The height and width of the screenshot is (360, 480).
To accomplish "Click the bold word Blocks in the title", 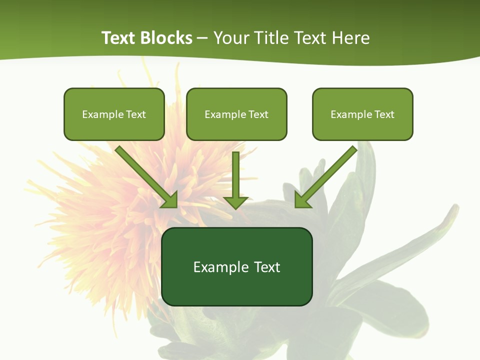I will point(167,38).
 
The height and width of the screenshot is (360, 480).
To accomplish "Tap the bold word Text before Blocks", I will point(120,38).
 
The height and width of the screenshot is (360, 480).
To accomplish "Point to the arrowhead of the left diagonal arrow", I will point(170,200).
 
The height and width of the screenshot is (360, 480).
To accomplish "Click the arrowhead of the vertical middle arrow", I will point(236,202).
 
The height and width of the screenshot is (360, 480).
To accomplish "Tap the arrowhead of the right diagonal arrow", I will point(302,200).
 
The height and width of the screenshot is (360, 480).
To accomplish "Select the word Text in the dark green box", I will point(266,267).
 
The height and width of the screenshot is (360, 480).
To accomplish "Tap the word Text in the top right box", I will point(384,114).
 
